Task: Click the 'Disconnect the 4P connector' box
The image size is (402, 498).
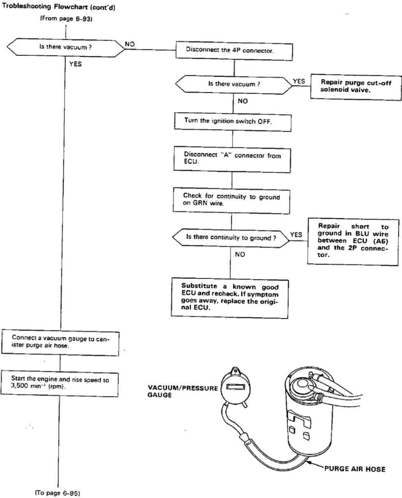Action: pyautogui.click(x=234, y=51)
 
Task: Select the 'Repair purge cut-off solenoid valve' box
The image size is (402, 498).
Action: pyautogui.click(x=356, y=87)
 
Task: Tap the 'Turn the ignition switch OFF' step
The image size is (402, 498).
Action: pyautogui.click(x=233, y=122)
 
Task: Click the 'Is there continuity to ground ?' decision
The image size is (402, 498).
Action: pyautogui.click(x=231, y=238)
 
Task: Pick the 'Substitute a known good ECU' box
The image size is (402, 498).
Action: pyautogui.click(x=230, y=298)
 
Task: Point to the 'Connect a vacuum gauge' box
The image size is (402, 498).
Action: pyautogui.click(x=60, y=343)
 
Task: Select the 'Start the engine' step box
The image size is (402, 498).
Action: pyautogui.click(x=59, y=383)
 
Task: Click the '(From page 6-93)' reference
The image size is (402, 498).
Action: pyautogui.click(x=66, y=19)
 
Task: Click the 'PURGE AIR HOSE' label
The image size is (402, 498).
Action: pyautogui.click(x=355, y=469)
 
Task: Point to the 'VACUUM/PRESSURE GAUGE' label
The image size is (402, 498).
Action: pyautogui.click(x=183, y=391)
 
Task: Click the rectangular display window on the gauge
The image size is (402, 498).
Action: pyautogui.click(x=235, y=387)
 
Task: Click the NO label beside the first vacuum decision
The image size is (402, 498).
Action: pyautogui.click(x=130, y=44)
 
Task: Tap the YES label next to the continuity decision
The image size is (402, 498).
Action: pyautogui.click(x=296, y=235)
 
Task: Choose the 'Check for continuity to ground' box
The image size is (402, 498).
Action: pyautogui.click(x=231, y=200)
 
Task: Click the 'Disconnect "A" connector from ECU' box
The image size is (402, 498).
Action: pyautogui.click(x=232, y=159)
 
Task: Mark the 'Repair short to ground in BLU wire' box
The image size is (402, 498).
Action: pyautogui.click(x=353, y=242)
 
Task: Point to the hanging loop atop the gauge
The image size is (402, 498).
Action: pyautogui.click(x=235, y=371)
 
